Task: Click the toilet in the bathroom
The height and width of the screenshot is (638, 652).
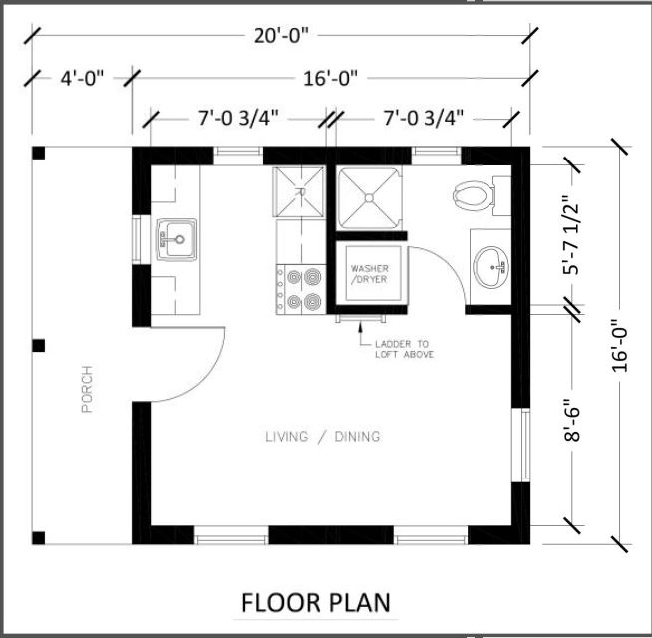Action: [482, 196]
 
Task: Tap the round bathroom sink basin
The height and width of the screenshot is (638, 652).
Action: [491, 267]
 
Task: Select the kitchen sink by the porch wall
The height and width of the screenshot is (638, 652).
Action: [176, 240]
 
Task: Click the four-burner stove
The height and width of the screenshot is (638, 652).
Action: [301, 289]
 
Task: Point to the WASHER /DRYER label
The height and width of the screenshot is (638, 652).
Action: [369, 274]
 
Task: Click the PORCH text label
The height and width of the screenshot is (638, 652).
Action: [87, 389]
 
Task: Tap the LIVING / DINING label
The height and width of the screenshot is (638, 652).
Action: [323, 437]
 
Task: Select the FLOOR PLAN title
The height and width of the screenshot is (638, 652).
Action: [316, 603]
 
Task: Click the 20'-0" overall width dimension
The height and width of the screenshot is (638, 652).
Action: [282, 36]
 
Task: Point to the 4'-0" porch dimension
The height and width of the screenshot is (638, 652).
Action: [82, 78]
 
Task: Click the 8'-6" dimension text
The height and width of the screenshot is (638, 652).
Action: [572, 420]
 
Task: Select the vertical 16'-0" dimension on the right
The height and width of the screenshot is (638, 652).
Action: [619, 345]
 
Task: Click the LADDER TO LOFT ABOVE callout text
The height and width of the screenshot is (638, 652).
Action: [404, 349]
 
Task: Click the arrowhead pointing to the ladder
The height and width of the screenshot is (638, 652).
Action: [360, 327]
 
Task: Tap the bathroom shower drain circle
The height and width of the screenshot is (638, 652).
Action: [369, 198]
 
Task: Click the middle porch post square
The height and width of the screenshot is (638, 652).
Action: [39, 346]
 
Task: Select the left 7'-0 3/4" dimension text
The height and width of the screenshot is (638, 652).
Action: [237, 119]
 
